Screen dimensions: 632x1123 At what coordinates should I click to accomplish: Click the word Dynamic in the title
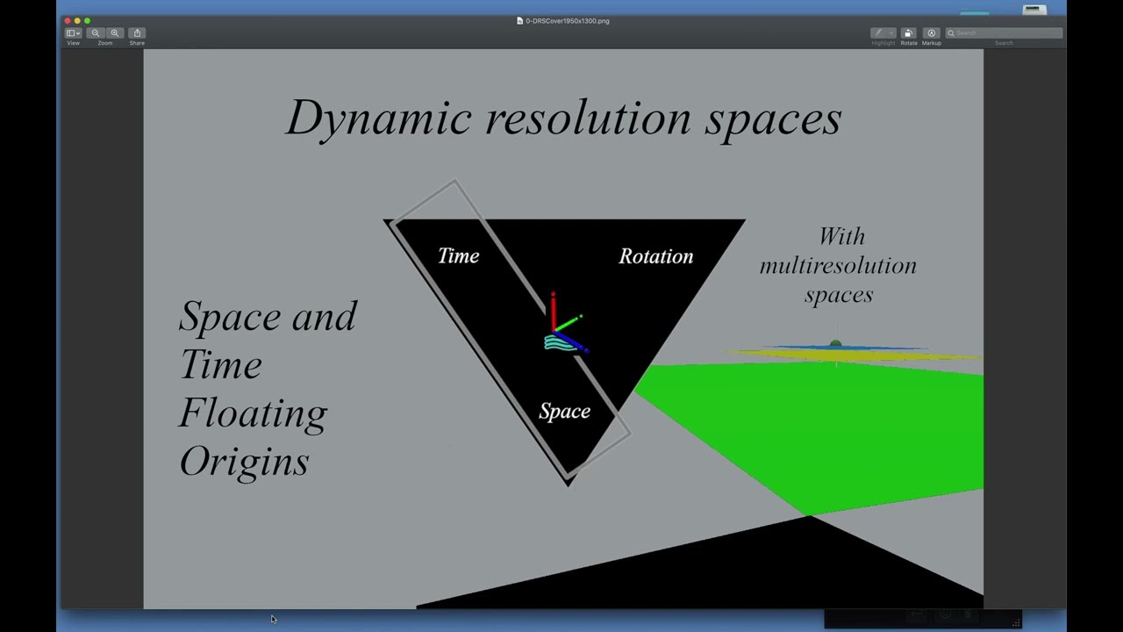pyautogui.click(x=379, y=118)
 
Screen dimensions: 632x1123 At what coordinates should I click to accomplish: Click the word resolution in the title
pyautogui.click(x=588, y=118)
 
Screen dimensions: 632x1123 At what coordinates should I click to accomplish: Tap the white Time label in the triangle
pyautogui.click(x=459, y=255)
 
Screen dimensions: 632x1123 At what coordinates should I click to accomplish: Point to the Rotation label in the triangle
pyautogui.click(x=655, y=256)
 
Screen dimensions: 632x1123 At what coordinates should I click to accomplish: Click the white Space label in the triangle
pyautogui.click(x=564, y=411)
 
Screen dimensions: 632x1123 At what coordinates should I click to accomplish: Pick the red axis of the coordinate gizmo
pyautogui.click(x=553, y=309)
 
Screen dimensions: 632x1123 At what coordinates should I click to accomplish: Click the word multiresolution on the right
pyautogui.click(x=838, y=265)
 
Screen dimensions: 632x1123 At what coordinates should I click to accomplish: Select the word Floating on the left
pyautogui.click(x=253, y=413)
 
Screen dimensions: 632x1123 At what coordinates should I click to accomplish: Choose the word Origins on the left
pyautogui.click(x=244, y=462)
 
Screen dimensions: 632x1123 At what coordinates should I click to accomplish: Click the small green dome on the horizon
pyautogui.click(x=835, y=344)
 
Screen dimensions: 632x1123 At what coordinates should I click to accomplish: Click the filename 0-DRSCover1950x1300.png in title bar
pyautogui.click(x=567, y=20)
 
